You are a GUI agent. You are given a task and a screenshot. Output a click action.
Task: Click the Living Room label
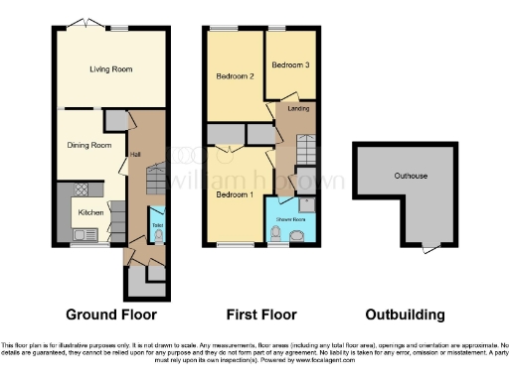(111, 69)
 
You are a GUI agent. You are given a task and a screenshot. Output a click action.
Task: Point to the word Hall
(134, 155)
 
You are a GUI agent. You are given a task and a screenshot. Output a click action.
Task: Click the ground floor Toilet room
(157, 226)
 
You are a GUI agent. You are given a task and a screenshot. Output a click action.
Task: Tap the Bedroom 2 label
(236, 75)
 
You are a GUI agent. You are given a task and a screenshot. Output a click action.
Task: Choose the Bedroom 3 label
(291, 64)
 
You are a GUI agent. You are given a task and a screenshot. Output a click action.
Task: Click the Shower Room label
(289, 217)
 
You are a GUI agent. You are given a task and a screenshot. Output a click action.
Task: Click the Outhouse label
(409, 176)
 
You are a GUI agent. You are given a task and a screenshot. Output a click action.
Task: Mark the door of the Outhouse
(429, 247)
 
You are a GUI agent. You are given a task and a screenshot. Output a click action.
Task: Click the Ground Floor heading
(111, 315)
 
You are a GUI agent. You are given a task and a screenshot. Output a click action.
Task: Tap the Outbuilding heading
(405, 315)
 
